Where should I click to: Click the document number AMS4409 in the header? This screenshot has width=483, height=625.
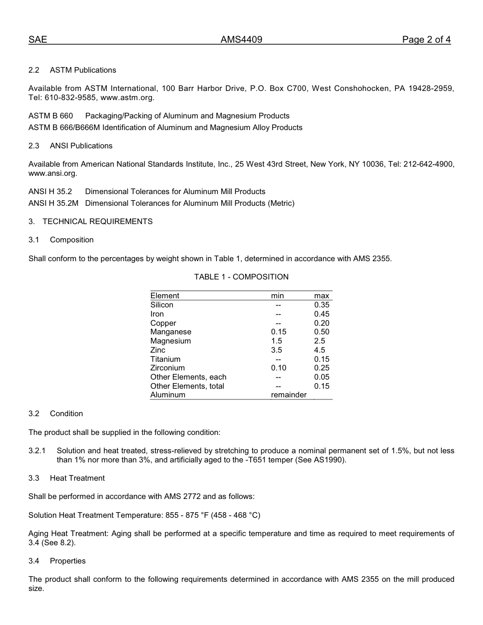click(x=242, y=40)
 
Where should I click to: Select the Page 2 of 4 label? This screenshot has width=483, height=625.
click(x=426, y=40)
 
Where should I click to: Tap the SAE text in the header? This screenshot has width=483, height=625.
click(x=38, y=40)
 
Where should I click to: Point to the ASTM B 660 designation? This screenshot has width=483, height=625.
click(x=51, y=116)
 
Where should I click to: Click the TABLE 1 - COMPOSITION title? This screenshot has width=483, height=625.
click(x=241, y=277)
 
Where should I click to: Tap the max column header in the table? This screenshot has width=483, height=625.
click(x=321, y=296)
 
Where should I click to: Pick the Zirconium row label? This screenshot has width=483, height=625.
click(x=167, y=368)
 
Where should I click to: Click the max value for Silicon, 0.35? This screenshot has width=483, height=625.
click(x=321, y=305)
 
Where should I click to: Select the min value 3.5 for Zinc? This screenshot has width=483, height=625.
click(x=277, y=350)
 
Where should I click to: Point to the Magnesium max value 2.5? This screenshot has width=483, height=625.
click(x=319, y=341)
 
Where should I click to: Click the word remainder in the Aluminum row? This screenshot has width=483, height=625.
click(x=289, y=395)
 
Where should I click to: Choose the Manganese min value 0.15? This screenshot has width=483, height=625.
click(x=279, y=332)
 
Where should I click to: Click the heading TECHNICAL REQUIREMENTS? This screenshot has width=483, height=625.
click(x=97, y=222)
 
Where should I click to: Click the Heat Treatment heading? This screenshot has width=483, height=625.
click(x=77, y=478)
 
